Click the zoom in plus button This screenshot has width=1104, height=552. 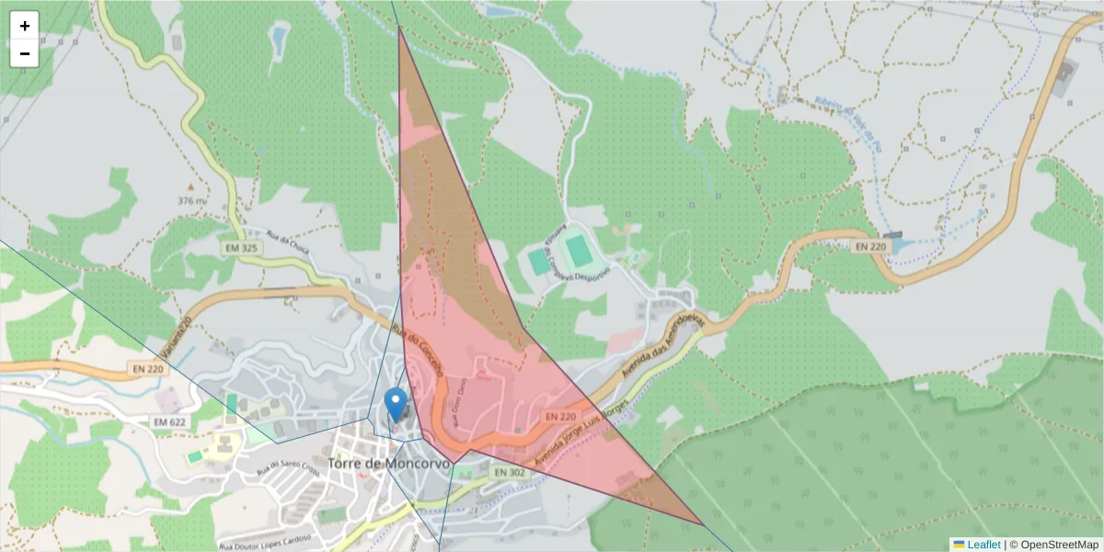(x=25, y=26)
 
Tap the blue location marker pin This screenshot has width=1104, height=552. (x=396, y=404)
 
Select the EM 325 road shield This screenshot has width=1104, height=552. (x=243, y=247)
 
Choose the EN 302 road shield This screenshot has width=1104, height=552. (x=509, y=472)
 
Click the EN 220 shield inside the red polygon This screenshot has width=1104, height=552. (x=559, y=417)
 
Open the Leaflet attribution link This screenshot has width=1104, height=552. (x=983, y=545)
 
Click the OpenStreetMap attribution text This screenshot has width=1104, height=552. (x=1054, y=545)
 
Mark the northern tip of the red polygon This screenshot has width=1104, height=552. (x=399, y=27)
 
